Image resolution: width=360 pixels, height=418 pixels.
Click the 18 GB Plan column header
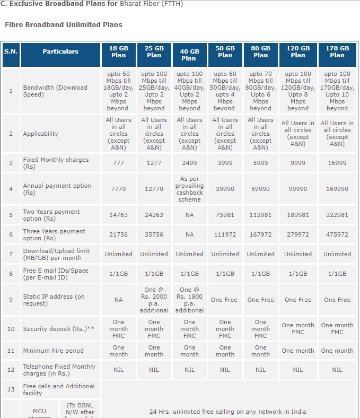point(119,55)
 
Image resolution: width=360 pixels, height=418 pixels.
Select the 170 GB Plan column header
point(337,55)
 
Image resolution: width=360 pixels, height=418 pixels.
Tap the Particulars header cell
point(60,55)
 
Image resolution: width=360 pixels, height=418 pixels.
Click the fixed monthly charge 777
point(119,163)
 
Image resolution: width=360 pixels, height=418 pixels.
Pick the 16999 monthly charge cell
point(337,163)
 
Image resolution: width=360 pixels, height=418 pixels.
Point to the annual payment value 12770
point(154,189)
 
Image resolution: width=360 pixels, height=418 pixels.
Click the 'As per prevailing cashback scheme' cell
point(189,189)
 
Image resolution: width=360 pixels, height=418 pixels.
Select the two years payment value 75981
point(225,215)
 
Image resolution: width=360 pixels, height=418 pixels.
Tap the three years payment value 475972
point(337,234)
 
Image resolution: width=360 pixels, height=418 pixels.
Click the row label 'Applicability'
point(40,134)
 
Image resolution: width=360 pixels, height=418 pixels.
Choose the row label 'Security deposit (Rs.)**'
point(59,329)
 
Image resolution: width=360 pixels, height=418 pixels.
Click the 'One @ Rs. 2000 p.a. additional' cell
point(154,300)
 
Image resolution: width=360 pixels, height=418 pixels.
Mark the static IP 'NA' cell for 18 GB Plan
point(119,300)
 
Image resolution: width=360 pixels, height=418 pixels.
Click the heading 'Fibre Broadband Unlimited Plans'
point(64,25)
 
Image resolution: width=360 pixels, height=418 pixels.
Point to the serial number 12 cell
point(11,370)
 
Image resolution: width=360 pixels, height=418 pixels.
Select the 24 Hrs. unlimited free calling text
point(227,412)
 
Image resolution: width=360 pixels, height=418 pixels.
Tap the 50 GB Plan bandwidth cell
point(225,91)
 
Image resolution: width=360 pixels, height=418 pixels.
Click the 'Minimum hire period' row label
point(54,351)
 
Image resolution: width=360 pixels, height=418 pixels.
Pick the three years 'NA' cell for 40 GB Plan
point(189,234)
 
